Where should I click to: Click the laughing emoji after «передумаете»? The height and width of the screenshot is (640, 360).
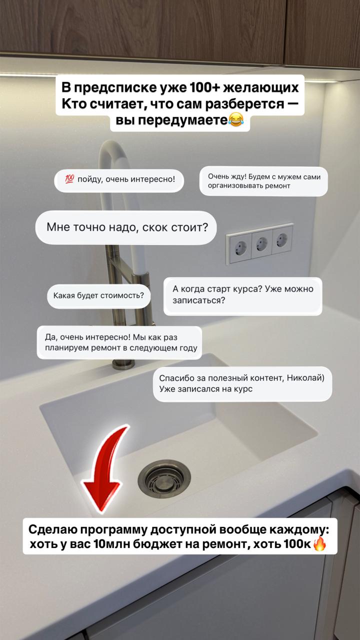236,119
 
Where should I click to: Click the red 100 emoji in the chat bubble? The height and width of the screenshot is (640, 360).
69,179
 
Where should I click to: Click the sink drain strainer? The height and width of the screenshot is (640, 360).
164,479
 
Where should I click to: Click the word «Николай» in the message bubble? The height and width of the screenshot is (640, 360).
304,377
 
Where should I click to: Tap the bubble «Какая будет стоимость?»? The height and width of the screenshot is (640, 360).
99,296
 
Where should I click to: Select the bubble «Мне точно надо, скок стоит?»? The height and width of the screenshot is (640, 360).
126,227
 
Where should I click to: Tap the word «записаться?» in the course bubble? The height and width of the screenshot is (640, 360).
199,300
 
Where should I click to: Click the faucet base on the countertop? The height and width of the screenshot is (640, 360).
123,364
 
